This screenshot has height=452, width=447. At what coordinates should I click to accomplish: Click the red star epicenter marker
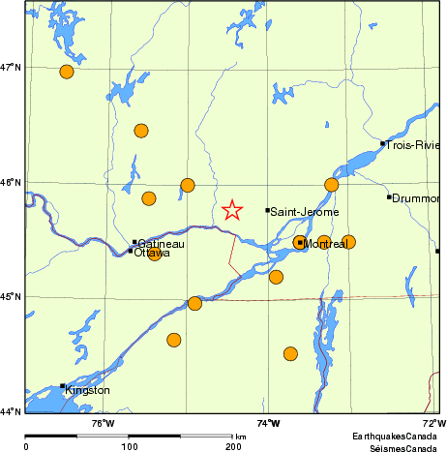pos(232,210)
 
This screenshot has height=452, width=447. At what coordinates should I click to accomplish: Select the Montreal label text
pos(326,245)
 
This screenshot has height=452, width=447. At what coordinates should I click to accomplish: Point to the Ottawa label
pos(152,253)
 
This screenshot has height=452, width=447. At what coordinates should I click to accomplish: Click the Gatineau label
pos(162,244)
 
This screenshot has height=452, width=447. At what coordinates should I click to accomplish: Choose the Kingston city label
pos(87,390)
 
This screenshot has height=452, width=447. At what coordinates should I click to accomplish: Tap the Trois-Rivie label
pos(414,145)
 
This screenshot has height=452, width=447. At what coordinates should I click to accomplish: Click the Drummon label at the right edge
pos(418,198)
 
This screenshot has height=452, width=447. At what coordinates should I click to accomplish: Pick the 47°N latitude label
pos(12,67)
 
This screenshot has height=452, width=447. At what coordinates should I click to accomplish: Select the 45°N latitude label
pos(12,296)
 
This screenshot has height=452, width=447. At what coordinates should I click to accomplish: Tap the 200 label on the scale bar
pos(233,446)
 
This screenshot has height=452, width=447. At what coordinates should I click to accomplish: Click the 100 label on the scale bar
pos(129,446)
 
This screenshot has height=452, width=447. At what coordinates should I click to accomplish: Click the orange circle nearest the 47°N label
pos(67,72)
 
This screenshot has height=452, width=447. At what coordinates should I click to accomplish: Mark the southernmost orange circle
pos(290,353)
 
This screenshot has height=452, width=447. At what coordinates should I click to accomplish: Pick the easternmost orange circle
pos(348,242)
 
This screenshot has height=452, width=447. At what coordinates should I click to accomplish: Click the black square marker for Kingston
pos(63,386)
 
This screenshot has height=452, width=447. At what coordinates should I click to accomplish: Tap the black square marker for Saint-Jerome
pos(268,210)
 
